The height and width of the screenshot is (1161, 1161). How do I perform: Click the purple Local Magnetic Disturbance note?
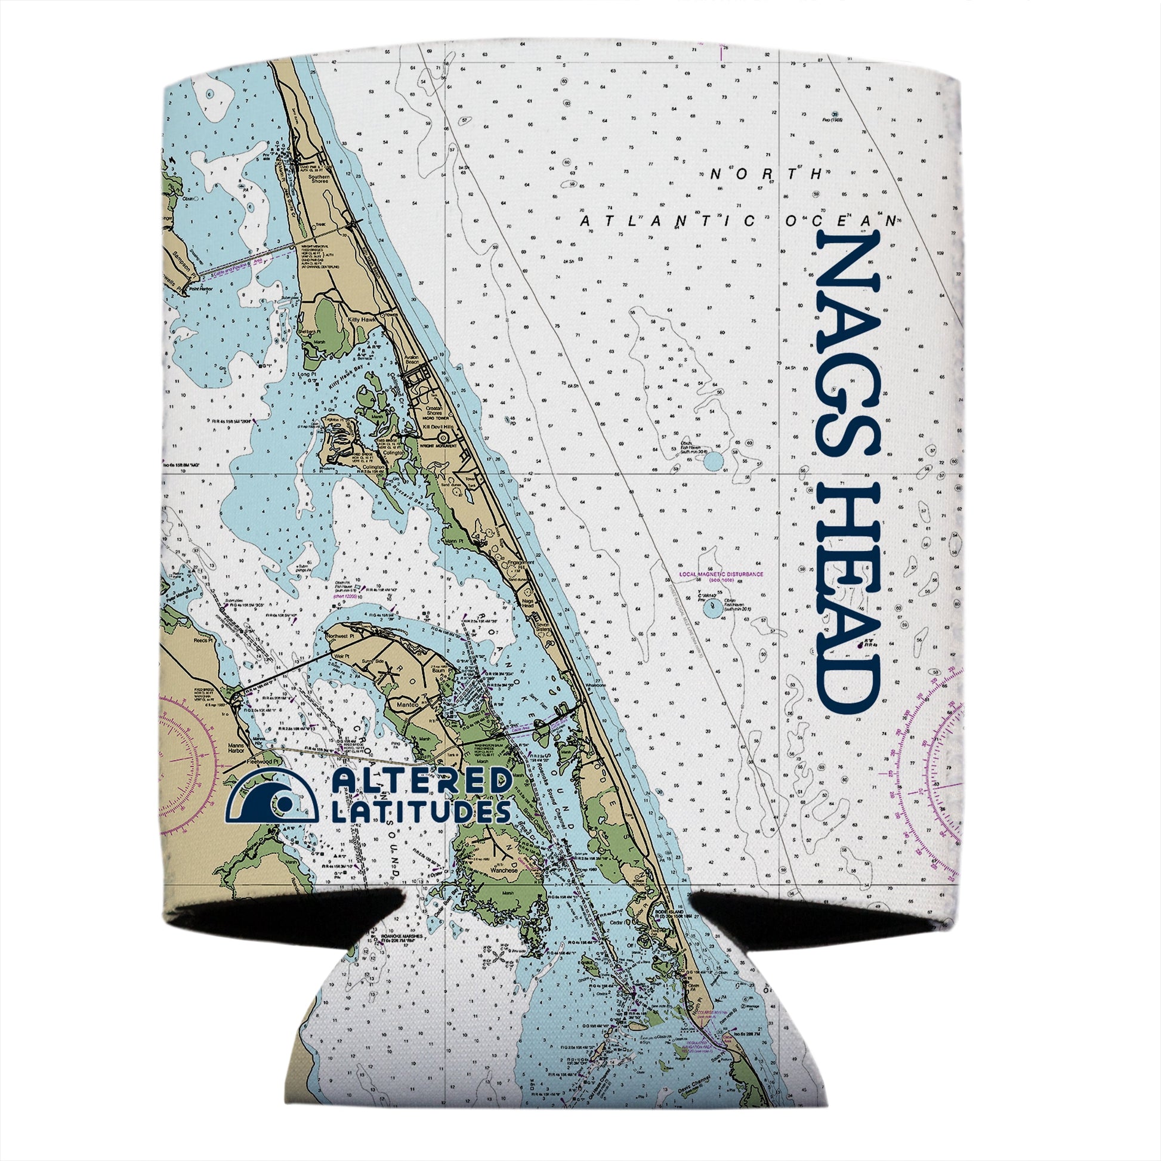coord(721,575)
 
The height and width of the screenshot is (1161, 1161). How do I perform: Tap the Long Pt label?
coord(308,375)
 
